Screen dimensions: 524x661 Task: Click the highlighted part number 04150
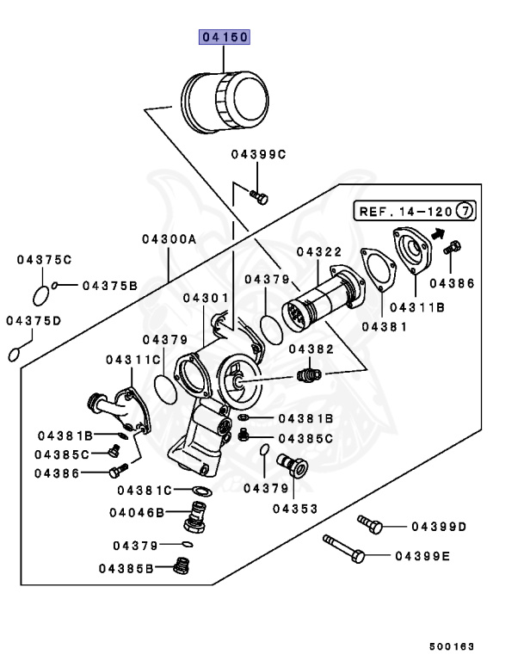225,37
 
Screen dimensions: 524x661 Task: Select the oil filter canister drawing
225,102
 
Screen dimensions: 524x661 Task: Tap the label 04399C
258,155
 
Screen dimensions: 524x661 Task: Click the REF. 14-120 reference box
415,211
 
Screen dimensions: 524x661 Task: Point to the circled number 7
465,210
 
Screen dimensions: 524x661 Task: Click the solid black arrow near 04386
439,233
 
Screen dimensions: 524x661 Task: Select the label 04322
319,252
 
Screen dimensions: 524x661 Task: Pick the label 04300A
169,239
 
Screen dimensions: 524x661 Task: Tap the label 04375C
44,260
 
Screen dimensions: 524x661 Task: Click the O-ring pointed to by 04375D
14,355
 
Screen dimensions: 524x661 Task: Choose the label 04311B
417,308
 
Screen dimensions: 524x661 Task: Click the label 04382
311,349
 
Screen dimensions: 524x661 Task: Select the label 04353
295,509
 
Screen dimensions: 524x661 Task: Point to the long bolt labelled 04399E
343,549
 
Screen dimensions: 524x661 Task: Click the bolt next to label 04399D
370,524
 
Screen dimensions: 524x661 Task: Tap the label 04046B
137,513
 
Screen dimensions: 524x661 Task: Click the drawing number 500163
452,646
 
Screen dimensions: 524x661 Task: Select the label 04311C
133,360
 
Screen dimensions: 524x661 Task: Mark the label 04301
206,298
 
